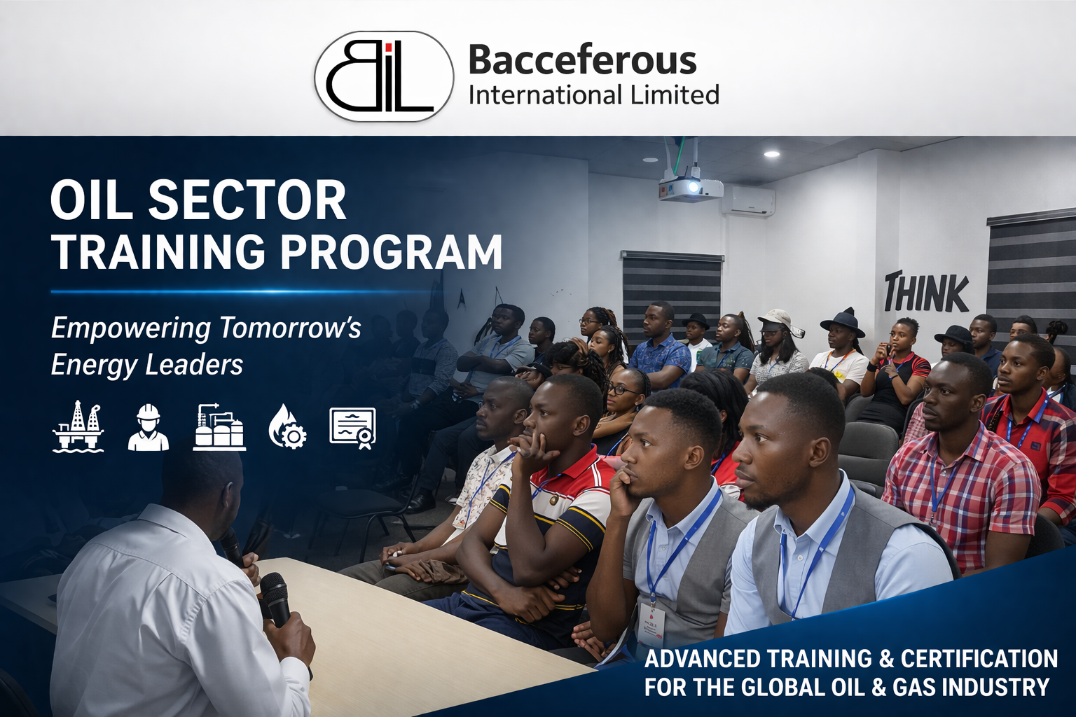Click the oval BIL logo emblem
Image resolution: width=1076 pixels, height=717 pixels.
tap(384, 76)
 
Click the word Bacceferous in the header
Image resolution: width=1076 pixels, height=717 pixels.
tap(582, 60)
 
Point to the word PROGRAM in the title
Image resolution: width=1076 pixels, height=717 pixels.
tap(391, 251)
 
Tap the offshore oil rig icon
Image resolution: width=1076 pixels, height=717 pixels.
tap(78, 426)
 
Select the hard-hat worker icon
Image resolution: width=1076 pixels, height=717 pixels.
tap(148, 427)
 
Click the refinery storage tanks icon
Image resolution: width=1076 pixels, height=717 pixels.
tap(219, 427)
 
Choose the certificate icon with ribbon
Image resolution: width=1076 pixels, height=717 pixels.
tap(353, 428)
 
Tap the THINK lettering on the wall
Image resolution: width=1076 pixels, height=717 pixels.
tap(926, 291)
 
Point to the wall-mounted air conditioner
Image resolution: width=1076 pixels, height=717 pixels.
tap(748, 200)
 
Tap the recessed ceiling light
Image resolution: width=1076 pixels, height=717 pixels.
tap(772, 153)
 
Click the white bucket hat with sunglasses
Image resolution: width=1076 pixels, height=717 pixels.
tap(779, 321)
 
